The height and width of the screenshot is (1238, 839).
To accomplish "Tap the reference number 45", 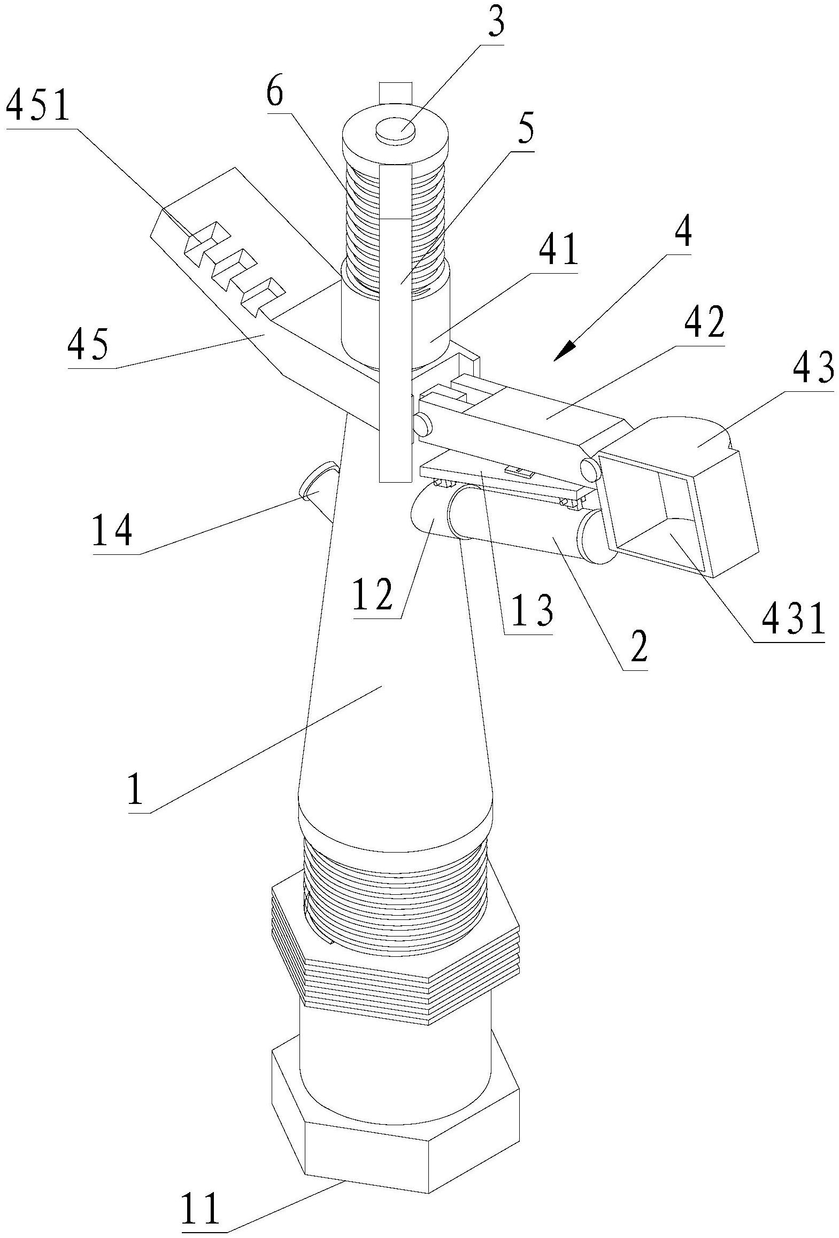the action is tap(89, 345).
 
